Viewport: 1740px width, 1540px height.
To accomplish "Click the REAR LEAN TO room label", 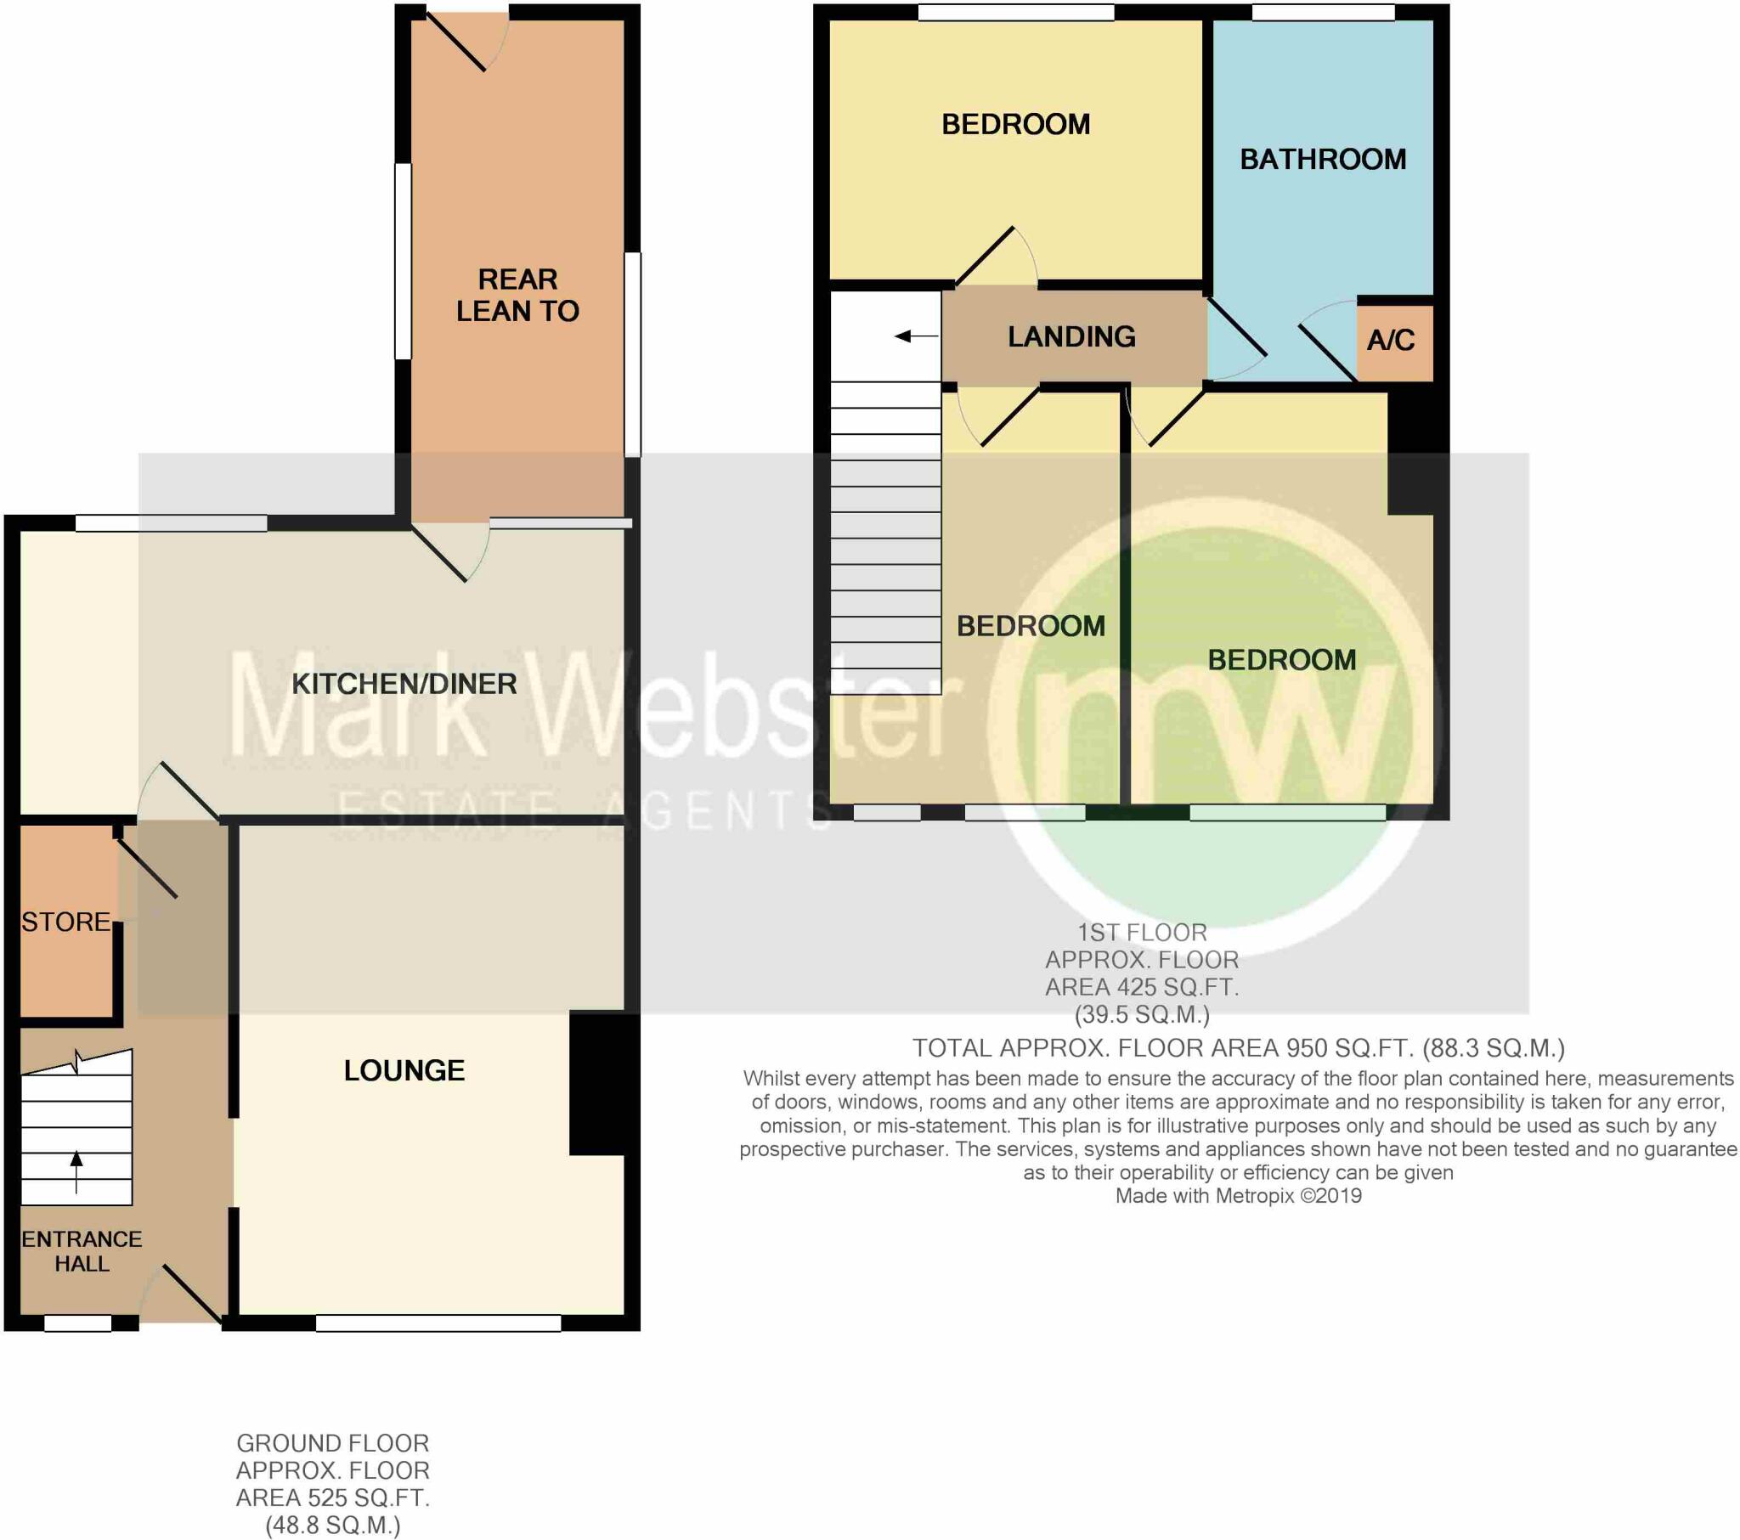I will coord(517,295).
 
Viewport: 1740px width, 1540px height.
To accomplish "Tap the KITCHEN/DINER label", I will coord(404,684).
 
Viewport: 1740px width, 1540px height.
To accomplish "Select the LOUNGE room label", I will coord(404,1070).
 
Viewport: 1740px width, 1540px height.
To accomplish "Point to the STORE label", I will coord(65,922).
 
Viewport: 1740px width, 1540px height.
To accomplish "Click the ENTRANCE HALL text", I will coord(81,1250).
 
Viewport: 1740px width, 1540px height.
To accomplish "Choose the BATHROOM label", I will coord(1322,159).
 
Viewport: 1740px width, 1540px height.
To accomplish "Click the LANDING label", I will coord(1071,336).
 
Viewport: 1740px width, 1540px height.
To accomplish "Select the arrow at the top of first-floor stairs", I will coord(915,336).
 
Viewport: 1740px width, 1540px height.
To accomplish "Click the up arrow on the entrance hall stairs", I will coord(76,1170).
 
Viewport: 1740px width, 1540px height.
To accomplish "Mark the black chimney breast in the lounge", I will coord(602,1083).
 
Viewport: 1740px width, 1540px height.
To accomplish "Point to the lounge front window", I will coord(438,1322).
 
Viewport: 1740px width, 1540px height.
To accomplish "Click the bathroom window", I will coord(1322,12).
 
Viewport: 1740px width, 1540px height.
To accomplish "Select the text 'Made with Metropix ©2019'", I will coord(1238,1196).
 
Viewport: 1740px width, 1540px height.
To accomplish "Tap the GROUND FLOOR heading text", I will coord(332,1443).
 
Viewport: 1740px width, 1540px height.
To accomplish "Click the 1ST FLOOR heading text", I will coord(1142,932).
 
